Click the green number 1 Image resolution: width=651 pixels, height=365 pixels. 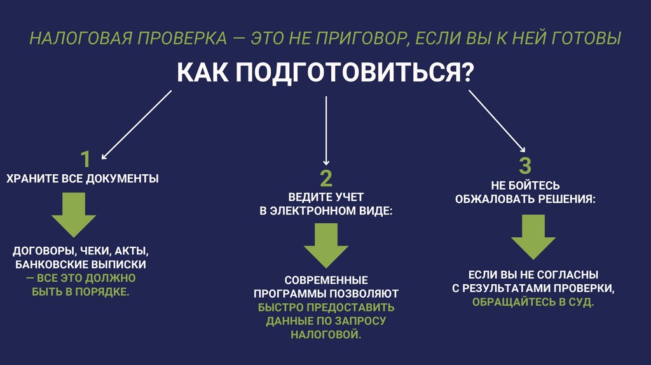coord(85,159)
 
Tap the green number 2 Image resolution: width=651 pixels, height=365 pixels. coord(325,177)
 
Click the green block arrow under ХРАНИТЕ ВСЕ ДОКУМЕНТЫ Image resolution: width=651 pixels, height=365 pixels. coord(73,214)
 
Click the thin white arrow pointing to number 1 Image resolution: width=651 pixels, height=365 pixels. coord(136,124)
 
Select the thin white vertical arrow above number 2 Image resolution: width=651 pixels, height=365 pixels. coord(325,131)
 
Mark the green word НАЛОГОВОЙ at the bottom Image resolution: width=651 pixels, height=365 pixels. coord(325,334)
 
